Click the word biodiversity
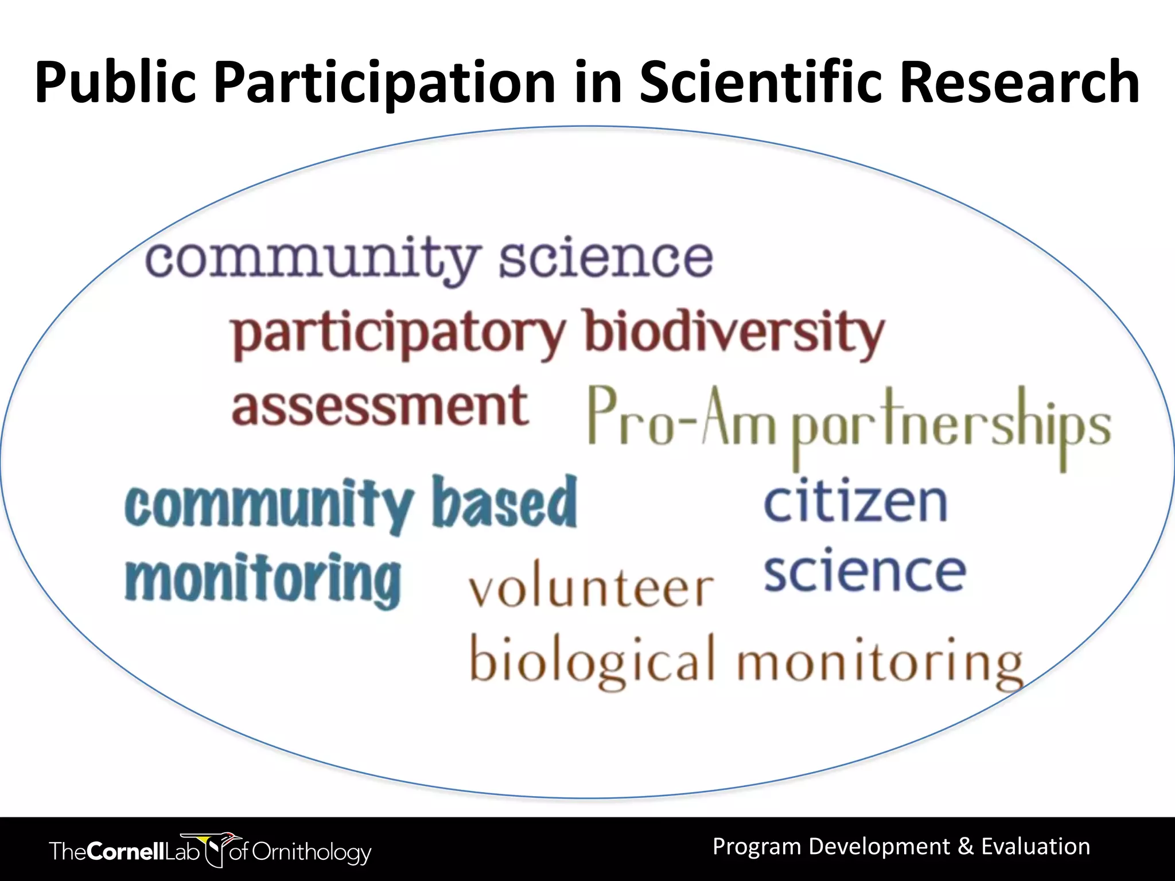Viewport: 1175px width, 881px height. [734, 333]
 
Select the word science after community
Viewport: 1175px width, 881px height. [605, 259]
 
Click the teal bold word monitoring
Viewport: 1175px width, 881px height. [263, 579]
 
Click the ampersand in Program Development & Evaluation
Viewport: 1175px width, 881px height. [966, 847]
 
